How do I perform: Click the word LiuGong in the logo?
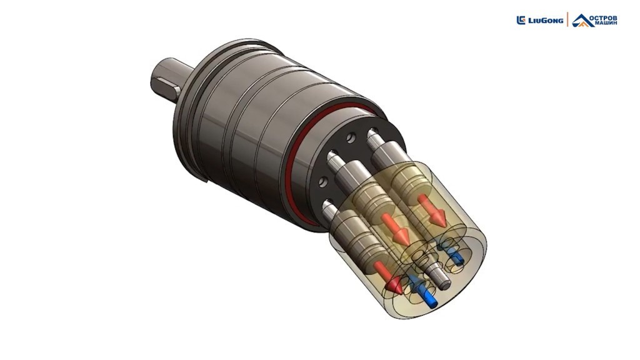click(546, 21)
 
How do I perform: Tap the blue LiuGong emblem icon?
click(521, 20)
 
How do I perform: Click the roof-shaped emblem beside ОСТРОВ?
click(581, 20)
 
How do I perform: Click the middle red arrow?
click(395, 228)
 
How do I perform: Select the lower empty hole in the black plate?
click(324, 181)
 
